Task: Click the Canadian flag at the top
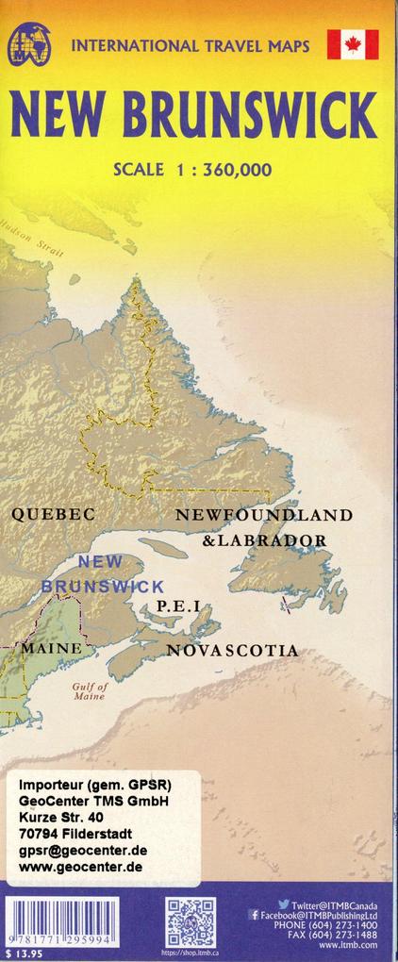pos(353,44)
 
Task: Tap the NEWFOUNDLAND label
pos(264,515)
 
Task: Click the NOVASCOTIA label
pos(232,651)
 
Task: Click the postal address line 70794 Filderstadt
pos(76,834)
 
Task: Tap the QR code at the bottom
pos(191,922)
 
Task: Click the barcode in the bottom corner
pos(61,920)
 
